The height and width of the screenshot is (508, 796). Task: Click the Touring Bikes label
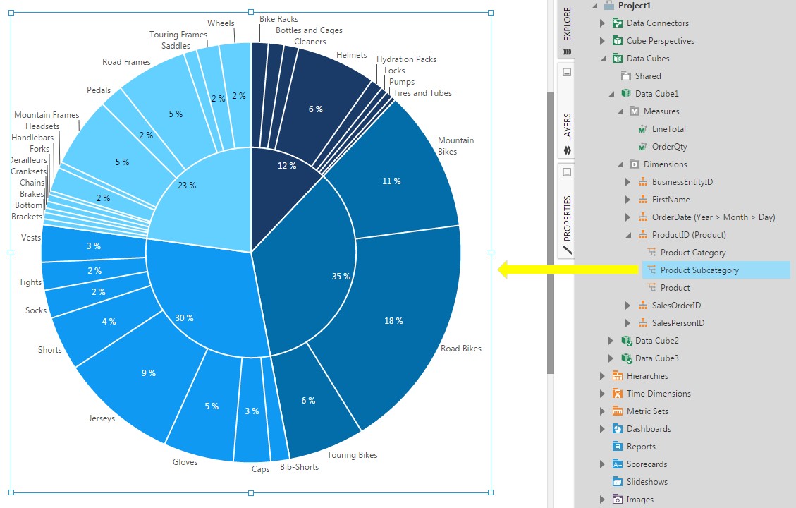click(x=352, y=455)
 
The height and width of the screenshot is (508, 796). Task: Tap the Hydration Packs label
click(x=406, y=59)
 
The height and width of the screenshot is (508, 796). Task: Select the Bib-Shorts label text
click(x=299, y=467)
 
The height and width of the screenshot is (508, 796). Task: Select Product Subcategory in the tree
click(x=699, y=270)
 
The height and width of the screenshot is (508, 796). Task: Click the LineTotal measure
click(x=668, y=129)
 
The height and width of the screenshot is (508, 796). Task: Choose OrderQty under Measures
click(x=669, y=147)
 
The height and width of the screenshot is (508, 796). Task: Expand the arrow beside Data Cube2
click(x=611, y=341)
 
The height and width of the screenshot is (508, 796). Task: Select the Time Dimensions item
click(x=658, y=394)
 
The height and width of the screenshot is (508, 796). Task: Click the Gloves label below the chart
click(x=185, y=462)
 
